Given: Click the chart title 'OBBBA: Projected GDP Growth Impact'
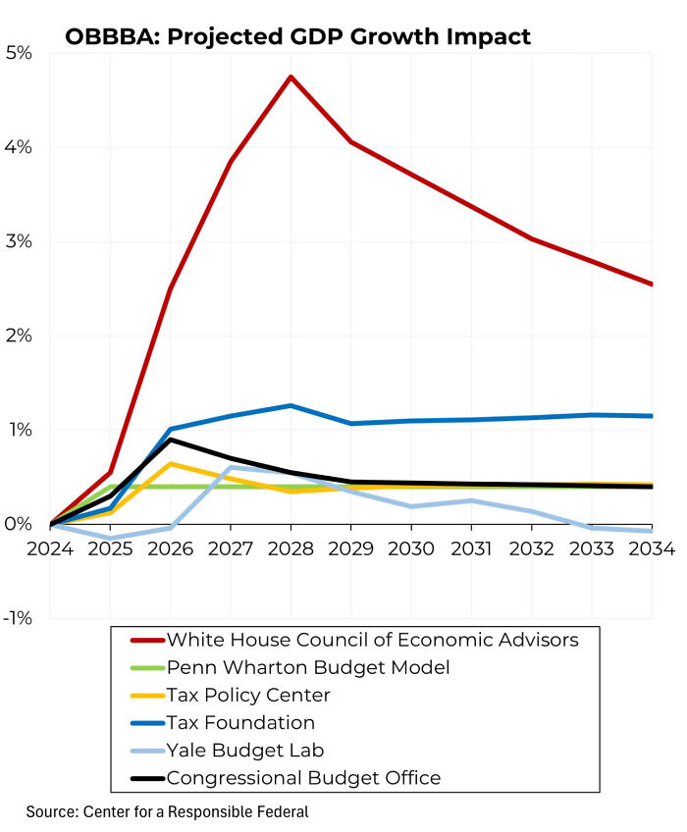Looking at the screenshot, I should point(297,37).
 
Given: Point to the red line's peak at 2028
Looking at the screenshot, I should point(291,77).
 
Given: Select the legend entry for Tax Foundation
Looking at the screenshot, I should point(240,723).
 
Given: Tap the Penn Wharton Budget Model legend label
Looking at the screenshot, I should point(308,668).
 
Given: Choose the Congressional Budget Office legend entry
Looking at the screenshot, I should point(303,778).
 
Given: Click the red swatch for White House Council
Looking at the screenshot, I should point(146,641).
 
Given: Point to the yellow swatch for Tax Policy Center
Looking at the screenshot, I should point(146,696).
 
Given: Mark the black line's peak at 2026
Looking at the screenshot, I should point(171,440).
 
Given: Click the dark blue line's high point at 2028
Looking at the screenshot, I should point(291,405).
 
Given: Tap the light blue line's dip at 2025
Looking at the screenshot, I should point(111,539).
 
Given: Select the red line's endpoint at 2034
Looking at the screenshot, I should point(652,285).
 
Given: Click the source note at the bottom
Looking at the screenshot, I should point(168,812).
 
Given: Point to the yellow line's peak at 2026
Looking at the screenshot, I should point(171,463).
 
